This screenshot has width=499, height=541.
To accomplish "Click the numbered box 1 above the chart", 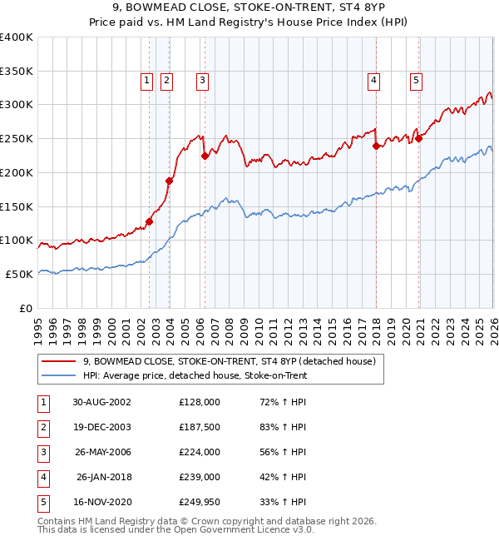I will click(146, 81).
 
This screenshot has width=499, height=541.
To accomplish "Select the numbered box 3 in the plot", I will click(202, 81).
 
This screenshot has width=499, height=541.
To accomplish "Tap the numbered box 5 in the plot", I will click(415, 81).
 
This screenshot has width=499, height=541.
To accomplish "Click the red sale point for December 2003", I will click(169, 181).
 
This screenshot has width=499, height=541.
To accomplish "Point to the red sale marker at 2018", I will click(376, 146).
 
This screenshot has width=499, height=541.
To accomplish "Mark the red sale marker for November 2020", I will click(418, 138).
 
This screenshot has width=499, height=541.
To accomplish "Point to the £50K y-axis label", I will click(19, 274).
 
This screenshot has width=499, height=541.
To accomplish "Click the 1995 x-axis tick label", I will click(37, 325).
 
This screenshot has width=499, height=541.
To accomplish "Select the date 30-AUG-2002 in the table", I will click(101, 401).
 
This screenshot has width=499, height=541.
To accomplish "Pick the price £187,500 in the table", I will click(200, 426).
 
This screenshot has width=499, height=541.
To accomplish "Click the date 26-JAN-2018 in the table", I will click(104, 477).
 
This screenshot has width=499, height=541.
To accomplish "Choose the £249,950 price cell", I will click(200, 502).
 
